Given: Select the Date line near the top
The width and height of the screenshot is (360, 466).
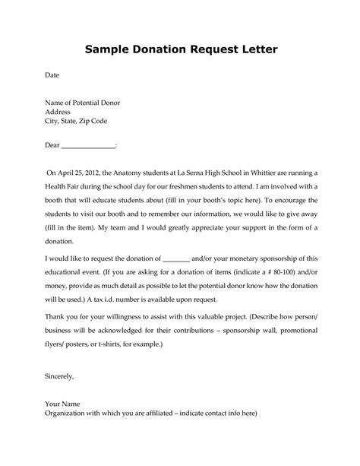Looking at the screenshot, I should pos(52,76).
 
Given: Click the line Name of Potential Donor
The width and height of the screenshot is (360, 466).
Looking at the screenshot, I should pos(82,102).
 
